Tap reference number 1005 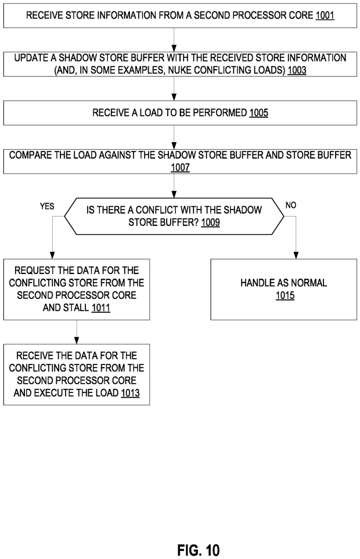[x=258, y=113]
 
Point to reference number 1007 [x=180, y=167]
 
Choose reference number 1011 [x=102, y=308]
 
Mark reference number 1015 [x=283, y=295]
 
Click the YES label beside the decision [x=46, y=206]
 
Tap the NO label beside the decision [x=291, y=205]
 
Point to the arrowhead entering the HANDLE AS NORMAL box [x=297, y=255]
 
